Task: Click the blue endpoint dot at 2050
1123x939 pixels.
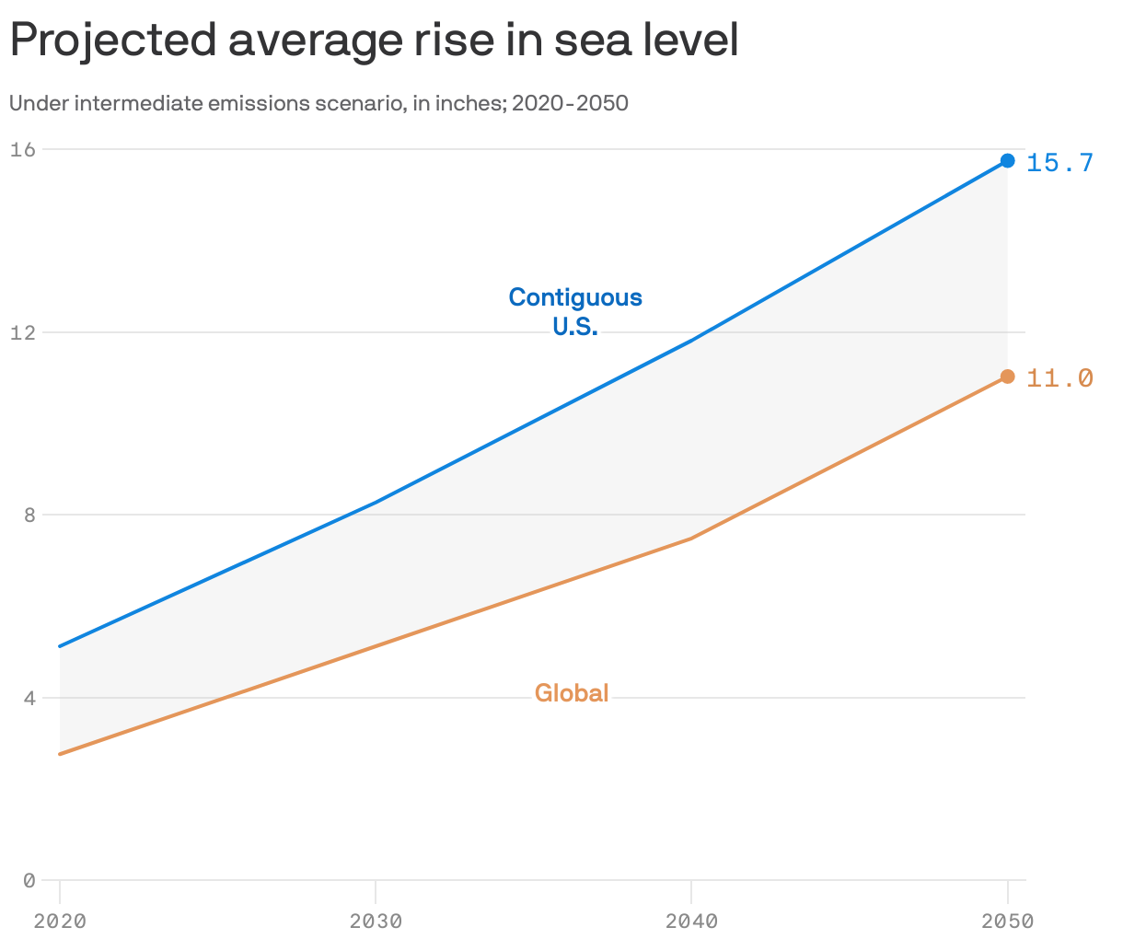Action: pyautogui.click(x=1008, y=161)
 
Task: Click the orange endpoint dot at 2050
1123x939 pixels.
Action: pyautogui.click(x=1008, y=377)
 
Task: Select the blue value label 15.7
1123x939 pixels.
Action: pyautogui.click(x=1059, y=163)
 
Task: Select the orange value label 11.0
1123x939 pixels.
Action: pyautogui.click(x=1059, y=378)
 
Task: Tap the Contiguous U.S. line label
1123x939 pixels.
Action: pyautogui.click(x=575, y=311)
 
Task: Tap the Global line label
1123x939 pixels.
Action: pyautogui.click(x=572, y=693)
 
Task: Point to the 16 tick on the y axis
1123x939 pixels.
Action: pyautogui.click(x=23, y=149)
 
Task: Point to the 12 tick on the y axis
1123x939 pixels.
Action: pyautogui.click(x=23, y=332)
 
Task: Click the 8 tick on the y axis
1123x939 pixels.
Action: pyautogui.click(x=29, y=515)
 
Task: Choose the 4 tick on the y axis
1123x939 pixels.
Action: pyautogui.click(x=29, y=698)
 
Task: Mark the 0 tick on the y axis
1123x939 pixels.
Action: pyautogui.click(x=29, y=881)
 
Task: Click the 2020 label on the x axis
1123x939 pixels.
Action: pyautogui.click(x=60, y=921)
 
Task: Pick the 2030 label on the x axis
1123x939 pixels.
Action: pyautogui.click(x=376, y=921)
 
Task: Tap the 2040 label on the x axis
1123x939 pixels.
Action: pyautogui.click(x=691, y=921)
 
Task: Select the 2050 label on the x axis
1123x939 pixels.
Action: pyautogui.click(x=1007, y=921)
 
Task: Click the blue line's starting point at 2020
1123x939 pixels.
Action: pyautogui.click(x=60, y=646)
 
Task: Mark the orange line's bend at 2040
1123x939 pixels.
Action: pyautogui.click(x=691, y=538)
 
